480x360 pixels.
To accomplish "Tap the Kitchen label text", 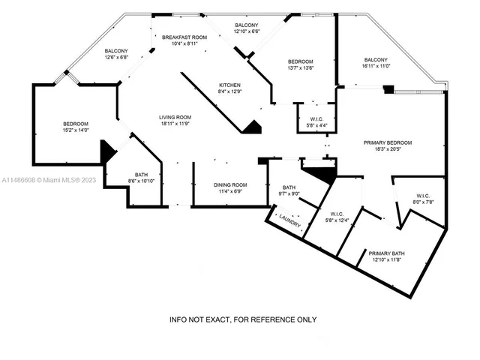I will [229, 85].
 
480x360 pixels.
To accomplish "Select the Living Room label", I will [175, 117].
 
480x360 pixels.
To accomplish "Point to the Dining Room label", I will [229, 184].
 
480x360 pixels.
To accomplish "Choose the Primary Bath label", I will [390, 253].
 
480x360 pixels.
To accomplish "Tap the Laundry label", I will [290, 223].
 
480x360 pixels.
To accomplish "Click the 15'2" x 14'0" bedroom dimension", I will [76, 130].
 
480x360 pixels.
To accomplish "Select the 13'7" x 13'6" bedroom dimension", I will [300, 68].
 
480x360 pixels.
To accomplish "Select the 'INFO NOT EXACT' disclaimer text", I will [243, 319].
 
